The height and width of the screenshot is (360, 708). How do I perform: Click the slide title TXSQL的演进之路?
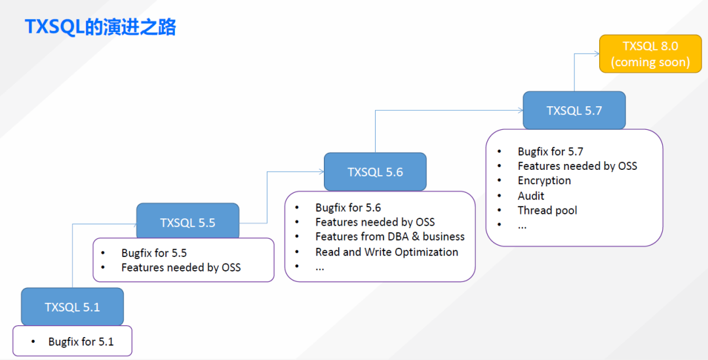click(100, 27)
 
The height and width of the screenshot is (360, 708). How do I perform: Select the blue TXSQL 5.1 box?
click(72, 307)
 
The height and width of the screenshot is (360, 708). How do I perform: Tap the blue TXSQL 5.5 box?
click(187, 223)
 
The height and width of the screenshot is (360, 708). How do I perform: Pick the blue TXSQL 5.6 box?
click(375, 172)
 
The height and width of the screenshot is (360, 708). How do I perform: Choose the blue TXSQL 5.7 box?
click(574, 110)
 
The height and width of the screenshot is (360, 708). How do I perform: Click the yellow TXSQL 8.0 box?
click(650, 54)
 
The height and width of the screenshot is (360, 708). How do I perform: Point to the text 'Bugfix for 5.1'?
click(81, 342)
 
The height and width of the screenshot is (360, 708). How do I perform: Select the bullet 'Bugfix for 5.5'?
click(154, 252)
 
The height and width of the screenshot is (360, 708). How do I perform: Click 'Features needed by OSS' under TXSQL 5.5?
click(181, 267)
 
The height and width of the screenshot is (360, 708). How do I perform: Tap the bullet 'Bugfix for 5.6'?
click(348, 207)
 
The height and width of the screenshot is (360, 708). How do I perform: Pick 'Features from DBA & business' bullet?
click(390, 237)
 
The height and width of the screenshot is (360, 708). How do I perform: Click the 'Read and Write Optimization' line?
click(387, 252)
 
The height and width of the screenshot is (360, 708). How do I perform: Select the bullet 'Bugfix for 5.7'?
click(550, 151)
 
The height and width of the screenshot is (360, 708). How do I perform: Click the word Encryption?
click(544, 180)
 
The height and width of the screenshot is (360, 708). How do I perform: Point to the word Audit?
click(531, 195)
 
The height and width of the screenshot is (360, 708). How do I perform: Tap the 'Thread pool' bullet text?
click(547, 210)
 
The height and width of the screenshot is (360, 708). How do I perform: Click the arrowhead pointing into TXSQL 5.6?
click(321, 171)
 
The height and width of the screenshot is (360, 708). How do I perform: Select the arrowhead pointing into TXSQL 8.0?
click(596, 54)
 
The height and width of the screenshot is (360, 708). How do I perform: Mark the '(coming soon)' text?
click(650, 62)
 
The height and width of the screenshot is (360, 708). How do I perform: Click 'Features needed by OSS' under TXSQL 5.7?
click(577, 166)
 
